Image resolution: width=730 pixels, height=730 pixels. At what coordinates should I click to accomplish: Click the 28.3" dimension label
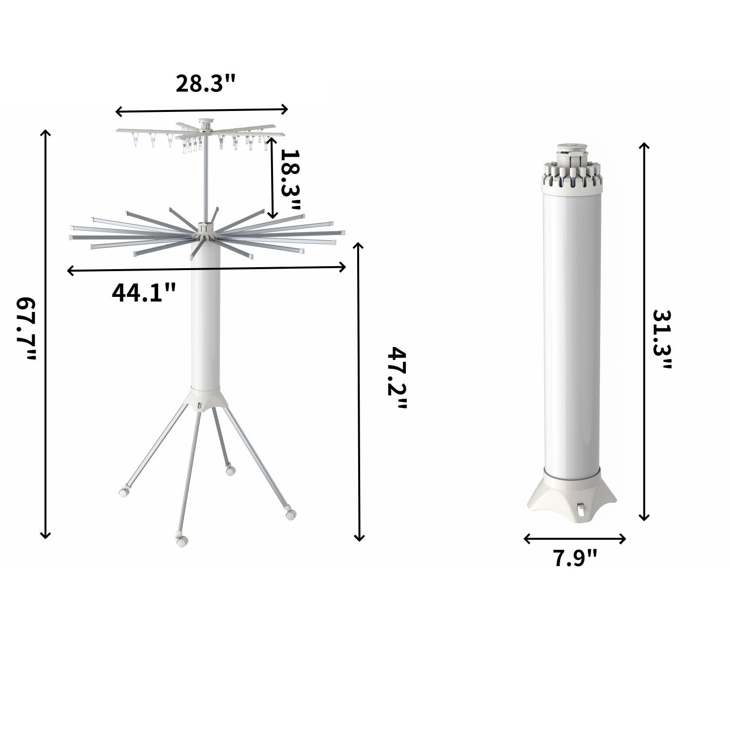tap(205, 84)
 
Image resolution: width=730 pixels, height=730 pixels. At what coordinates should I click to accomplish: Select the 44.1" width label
tap(144, 293)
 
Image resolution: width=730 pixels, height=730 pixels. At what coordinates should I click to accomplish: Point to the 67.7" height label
tap(26, 329)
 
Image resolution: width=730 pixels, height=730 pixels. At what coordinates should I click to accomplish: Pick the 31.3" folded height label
tap(662, 339)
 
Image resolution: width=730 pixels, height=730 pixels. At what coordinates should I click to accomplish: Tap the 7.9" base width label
tap(575, 558)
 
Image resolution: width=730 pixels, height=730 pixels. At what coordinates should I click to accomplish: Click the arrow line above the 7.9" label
tap(575, 538)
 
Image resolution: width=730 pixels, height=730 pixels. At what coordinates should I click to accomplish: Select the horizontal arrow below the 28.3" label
tap(202, 111)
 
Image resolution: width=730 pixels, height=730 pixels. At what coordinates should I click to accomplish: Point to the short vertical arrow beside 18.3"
tap(273, 178)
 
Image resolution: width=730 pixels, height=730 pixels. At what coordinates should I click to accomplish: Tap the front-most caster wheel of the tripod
tap(181, 540)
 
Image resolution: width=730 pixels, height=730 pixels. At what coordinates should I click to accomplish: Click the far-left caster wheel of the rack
tap(125, 492)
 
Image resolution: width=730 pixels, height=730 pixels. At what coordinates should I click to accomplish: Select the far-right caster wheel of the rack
tap(290, 513)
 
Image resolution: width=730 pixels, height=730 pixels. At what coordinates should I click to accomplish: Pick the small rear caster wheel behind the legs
tap(230, 470)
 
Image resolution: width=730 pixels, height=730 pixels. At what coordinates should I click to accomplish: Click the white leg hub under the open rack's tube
tap(205, 399)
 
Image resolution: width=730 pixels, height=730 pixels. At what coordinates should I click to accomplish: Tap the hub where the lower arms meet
tap(206, 230)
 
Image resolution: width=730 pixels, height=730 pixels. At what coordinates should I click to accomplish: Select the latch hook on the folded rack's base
tap(581, 509)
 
